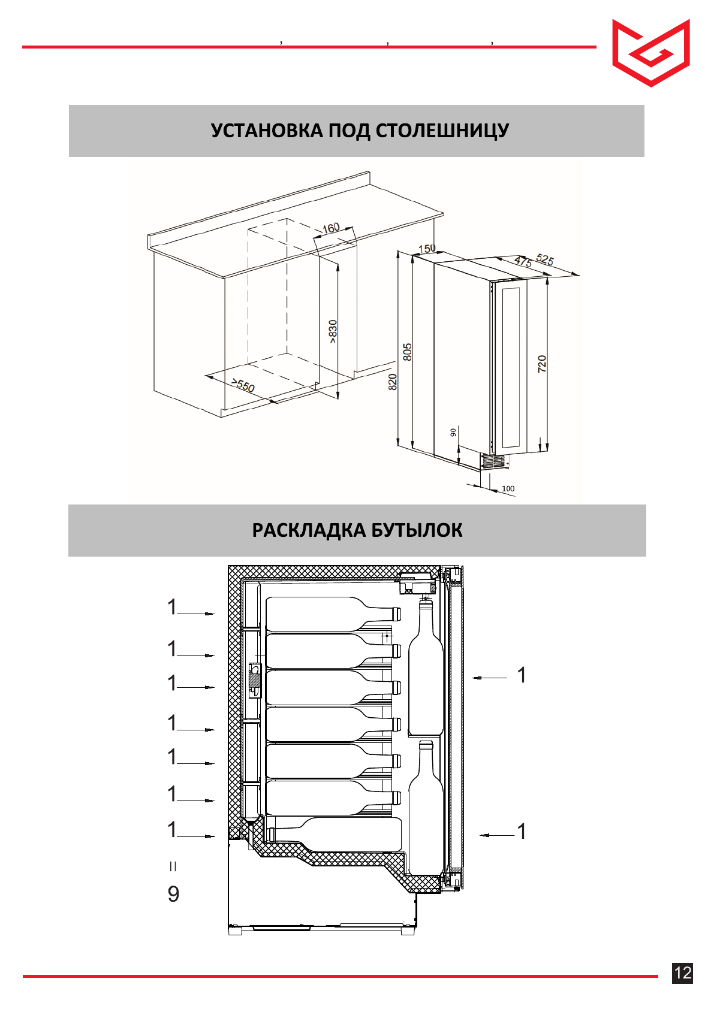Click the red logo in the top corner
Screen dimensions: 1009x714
(x=650, y=53)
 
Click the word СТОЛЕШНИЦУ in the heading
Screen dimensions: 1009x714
(x=442, y=131)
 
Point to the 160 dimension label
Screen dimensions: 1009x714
(x=331, y=228)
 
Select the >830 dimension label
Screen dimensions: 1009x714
(x=333, y=331)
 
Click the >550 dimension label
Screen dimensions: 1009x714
(x=243, y=385)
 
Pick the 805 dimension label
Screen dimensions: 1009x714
(x=408, y=352)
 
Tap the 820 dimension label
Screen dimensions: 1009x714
(x=393, y=382)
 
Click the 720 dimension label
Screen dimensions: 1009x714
(x=542, y=364)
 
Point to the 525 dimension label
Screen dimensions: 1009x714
(x=544, y=259)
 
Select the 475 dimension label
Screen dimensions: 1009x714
(x=523, y=262)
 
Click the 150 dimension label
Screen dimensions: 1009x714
(x=427, y=249)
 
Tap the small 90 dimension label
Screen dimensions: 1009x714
(x=453, y=432)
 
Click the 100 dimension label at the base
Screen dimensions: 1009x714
(x=508, y=488)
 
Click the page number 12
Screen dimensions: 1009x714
(x=683, y=972)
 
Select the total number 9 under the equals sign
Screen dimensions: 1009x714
(x=173, y=894)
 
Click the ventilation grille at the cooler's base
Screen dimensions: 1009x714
(x=493, y=461)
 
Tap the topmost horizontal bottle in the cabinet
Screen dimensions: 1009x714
(x=330, y=614)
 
